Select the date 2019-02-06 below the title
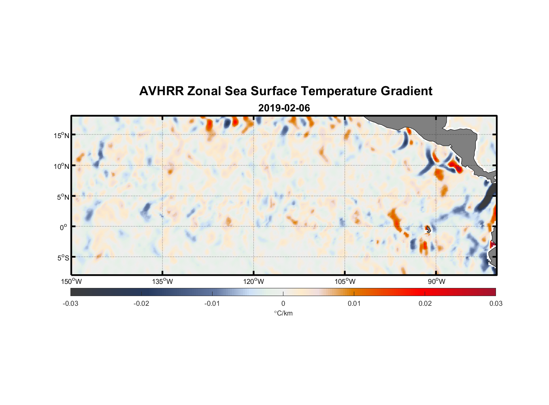[284, 108]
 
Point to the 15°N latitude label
[62, 135]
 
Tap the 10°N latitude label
[62, 166]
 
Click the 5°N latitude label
[63, 197]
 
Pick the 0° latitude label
[64, 227]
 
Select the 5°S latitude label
[63, 258]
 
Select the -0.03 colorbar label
[70, 304]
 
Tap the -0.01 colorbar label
[212, 304]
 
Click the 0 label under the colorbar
[283, 304]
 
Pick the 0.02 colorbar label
[425, 304]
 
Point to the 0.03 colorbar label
[496, 304]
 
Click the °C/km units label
[283, 313]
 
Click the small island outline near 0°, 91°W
[428, 229]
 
